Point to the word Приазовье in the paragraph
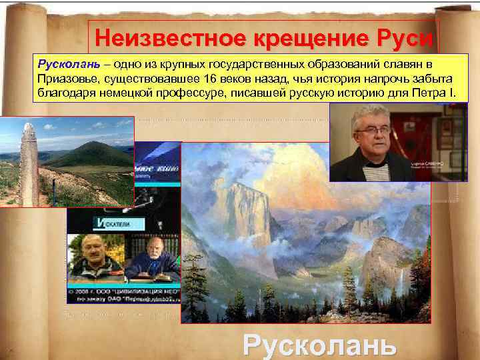coord(67,79)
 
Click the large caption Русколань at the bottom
coord(319,345)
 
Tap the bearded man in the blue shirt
coord(158,260)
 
